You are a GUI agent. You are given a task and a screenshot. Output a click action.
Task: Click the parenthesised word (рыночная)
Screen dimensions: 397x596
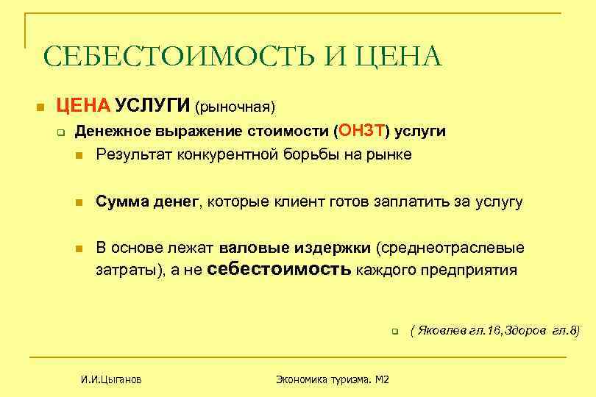(235, 107)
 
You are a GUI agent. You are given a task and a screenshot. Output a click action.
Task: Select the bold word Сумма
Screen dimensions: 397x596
(121, 201)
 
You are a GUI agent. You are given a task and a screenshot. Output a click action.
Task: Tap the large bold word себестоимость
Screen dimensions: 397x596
(280, 269)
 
